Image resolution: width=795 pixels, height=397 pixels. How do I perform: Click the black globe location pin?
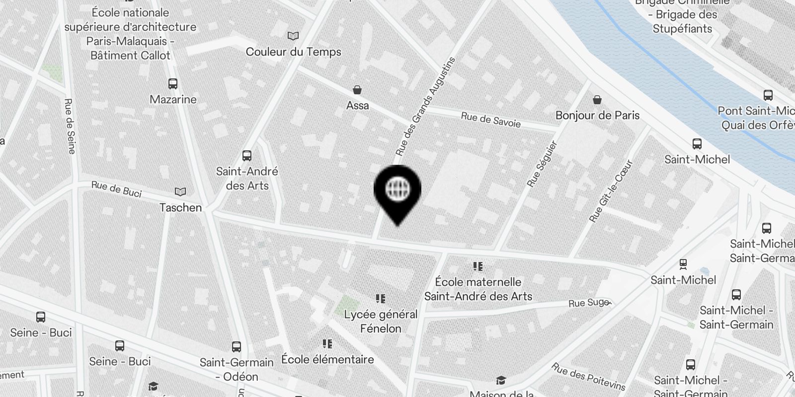(397, 191)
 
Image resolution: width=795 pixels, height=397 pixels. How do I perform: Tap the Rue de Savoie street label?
(490, 120)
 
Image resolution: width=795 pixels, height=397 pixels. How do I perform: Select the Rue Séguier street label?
(542, 164)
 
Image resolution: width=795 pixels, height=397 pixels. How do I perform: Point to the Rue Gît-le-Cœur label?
(611, 191)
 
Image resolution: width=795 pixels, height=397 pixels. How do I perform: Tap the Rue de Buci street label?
(116, 189)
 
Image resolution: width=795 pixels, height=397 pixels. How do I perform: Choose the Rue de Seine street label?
(69, 126)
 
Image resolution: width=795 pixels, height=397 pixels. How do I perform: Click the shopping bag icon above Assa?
(357, 90)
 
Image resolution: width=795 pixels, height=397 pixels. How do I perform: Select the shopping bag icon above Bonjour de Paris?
(597, 100)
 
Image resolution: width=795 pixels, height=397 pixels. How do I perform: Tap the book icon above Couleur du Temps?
(293, 36)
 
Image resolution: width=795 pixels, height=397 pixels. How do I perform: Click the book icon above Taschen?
(180, 192)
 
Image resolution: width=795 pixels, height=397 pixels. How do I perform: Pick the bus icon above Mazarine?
(173, 84)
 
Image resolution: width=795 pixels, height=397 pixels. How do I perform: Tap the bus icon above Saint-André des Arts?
(247, 156)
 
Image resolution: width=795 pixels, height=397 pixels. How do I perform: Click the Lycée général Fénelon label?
(381, 321)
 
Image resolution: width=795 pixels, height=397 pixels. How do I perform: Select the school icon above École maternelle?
(478, 266)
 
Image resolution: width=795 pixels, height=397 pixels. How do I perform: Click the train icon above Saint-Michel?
(683, 265)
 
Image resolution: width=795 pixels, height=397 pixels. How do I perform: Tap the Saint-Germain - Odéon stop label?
(237, 369)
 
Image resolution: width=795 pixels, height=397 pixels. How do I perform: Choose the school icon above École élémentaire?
(327, 343)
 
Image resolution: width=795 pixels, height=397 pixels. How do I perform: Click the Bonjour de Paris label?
(597, 115)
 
